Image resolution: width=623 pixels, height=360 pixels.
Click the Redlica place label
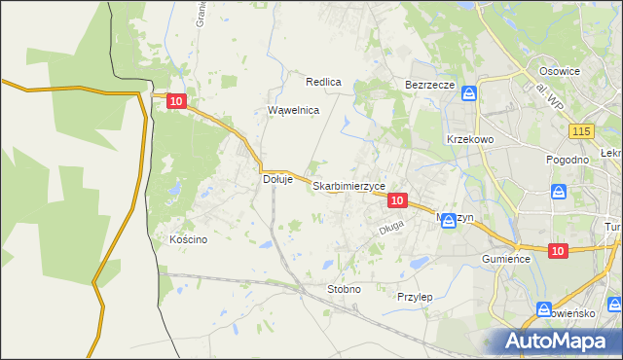click(x=323, y=82)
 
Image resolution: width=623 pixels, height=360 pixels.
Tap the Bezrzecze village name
click(x=430, y=85)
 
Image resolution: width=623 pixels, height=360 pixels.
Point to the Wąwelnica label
click(x=294, y=110)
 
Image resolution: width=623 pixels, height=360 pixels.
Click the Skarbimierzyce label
click(x=349, y=185)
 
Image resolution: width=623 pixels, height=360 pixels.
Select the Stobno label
click(x=345, y=289)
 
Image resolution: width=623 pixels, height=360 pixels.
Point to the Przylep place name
click(x=415, y=296)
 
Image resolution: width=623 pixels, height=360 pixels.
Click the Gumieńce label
click(x=504, y=260)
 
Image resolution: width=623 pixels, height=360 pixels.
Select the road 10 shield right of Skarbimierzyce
click(x=396, y=199)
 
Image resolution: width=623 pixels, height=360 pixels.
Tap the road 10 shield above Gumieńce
click(x=557, y=251)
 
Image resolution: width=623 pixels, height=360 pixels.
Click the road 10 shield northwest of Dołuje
click(x=176, y=100)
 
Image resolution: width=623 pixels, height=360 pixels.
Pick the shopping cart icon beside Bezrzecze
click(x=469, y=93)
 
